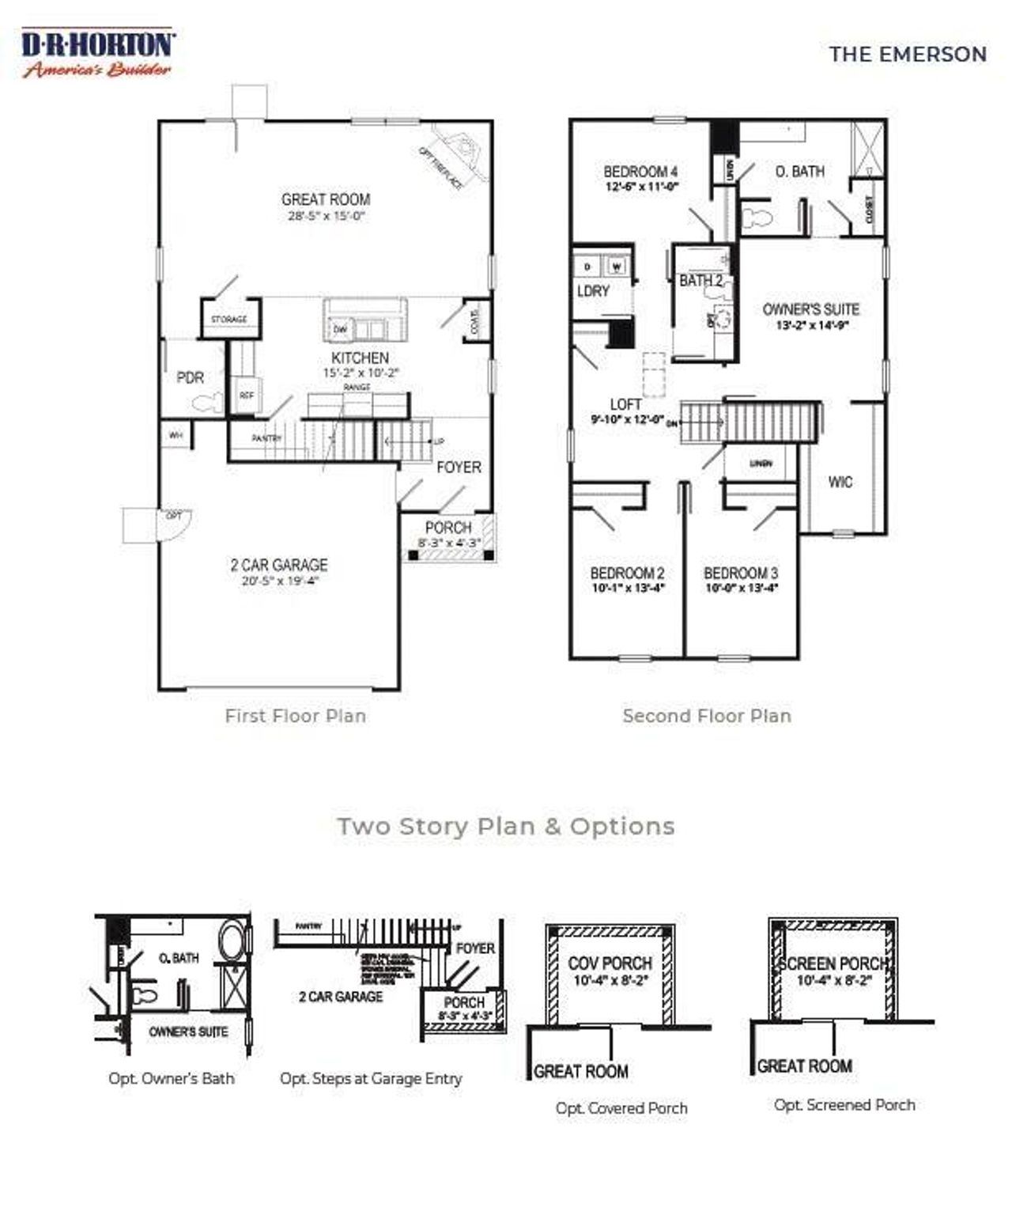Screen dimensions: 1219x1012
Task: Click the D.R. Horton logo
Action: point(98,53)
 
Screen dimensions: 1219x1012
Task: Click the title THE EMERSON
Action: point(907,55)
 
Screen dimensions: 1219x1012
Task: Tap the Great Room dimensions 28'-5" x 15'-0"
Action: point(326,216)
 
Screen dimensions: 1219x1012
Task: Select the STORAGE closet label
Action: point(228,320)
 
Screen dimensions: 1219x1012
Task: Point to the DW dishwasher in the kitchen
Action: point(340,329)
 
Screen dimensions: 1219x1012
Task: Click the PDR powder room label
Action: point(190,378)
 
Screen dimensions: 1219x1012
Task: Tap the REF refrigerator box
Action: point(246,395)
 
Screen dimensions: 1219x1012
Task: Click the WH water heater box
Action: point(176,436)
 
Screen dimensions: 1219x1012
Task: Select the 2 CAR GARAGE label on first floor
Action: point(279,565)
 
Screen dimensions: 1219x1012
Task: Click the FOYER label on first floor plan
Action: point(459,468)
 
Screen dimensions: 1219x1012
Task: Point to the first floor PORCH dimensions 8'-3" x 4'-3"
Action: point(448,543)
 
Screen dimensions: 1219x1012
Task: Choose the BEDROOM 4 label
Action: point(640,172)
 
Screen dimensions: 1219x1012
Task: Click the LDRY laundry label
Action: point(593,291)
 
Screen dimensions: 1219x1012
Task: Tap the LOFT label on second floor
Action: point(625,405)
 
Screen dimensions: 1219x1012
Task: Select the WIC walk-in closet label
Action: point(840,482)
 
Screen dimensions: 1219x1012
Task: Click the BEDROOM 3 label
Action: point(741,573)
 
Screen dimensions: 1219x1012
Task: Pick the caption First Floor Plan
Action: point(295,716)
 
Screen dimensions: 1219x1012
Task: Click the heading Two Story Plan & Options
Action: point(506,826)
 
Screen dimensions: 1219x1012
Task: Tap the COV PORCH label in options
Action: point(610,963)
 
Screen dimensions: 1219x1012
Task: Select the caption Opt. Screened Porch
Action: point(844,1105)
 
